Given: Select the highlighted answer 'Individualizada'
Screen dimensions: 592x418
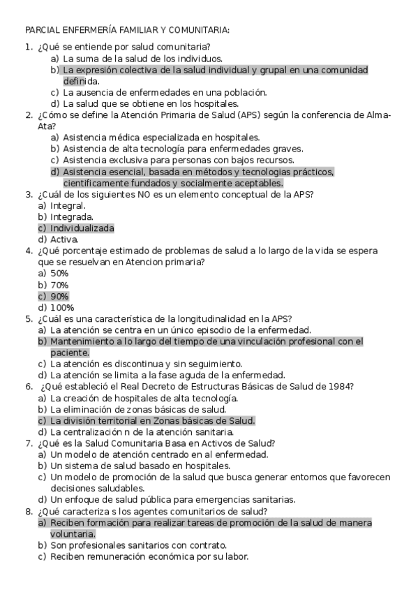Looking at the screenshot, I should pos(82,228).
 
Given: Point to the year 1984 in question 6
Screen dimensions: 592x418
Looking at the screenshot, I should pos(339,386).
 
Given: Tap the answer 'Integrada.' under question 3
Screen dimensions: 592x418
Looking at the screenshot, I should pos(72,217).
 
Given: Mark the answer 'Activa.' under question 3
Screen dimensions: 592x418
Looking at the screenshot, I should pos(65,239).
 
